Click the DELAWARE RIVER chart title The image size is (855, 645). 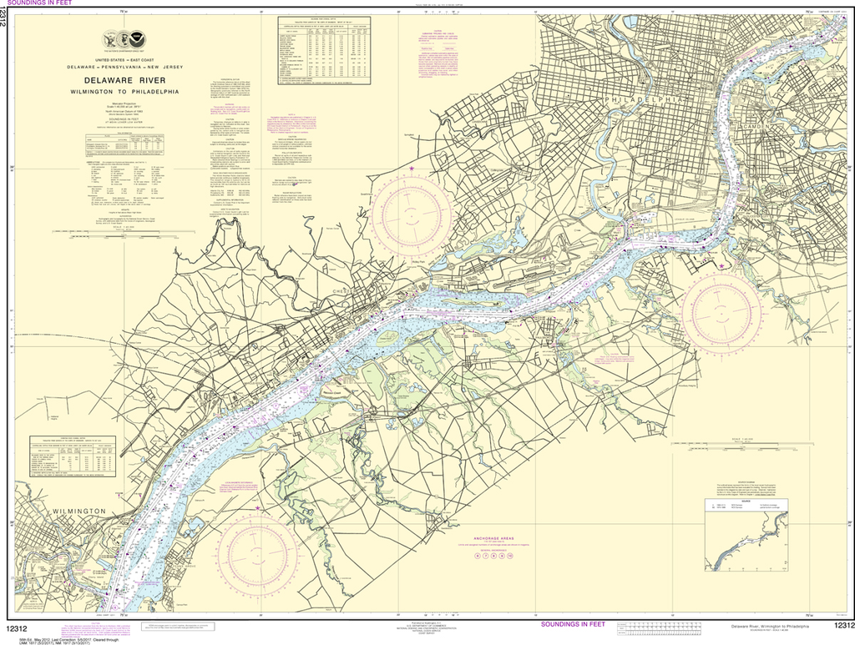tap(130, 80)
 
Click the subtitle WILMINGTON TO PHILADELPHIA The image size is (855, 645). tap(130, 91)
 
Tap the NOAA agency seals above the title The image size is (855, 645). tap(129, 40)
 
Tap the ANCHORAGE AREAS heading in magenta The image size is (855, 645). tap(498, 539)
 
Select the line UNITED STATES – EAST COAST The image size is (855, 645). tap(130, 61)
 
